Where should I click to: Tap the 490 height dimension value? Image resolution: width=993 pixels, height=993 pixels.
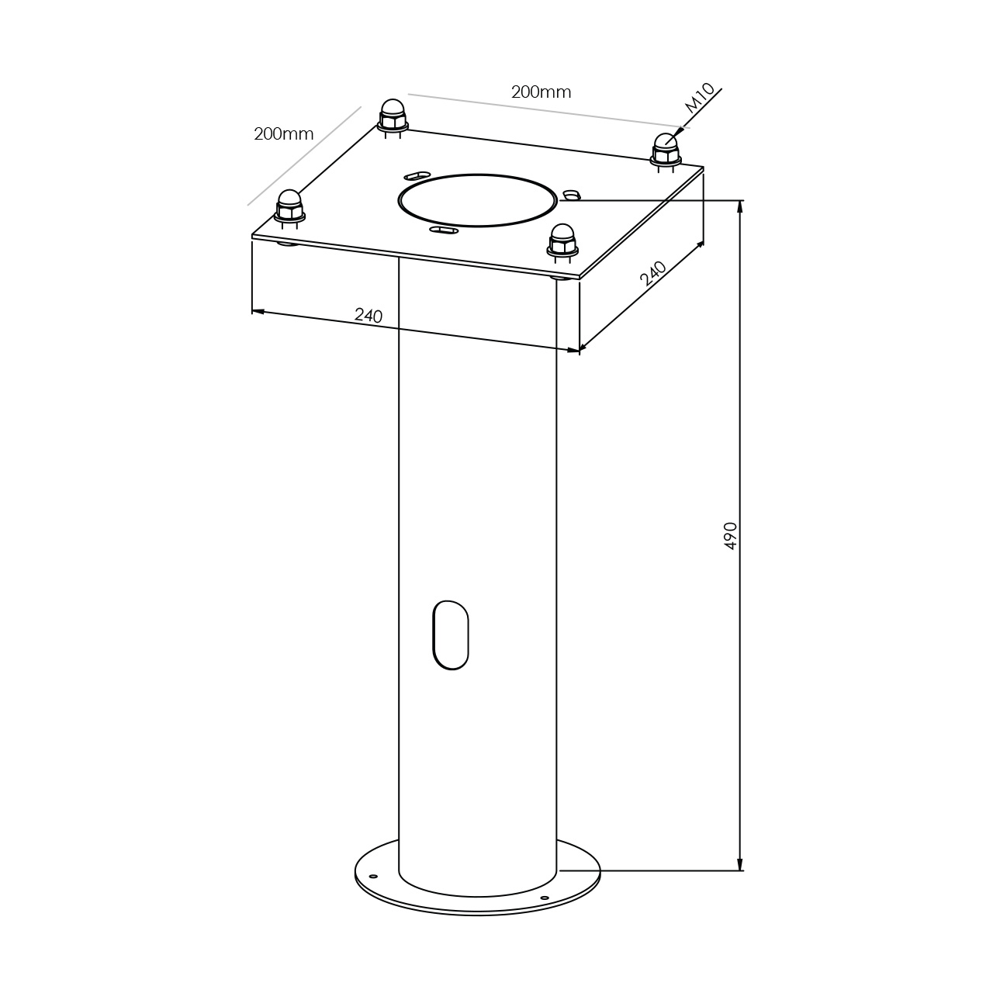pos(731,536)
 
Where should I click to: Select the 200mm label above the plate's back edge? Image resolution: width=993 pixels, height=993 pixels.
pos(541,92)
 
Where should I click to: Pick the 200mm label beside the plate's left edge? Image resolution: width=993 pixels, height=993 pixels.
pos(283,134)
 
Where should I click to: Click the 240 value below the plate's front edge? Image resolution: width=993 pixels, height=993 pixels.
pos(368,315)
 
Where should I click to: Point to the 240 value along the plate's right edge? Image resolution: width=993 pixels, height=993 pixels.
pos(653,273)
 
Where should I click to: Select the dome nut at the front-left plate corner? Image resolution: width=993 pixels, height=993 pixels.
pos(289,207)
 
